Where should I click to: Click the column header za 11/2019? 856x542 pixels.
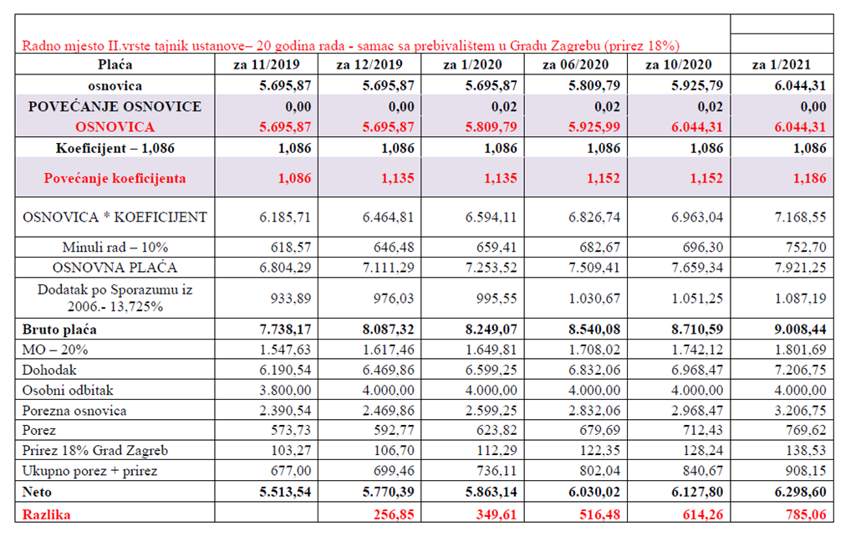[267, 64]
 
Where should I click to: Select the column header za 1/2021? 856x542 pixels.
[782, 64]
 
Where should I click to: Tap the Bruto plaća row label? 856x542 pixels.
[59, 330]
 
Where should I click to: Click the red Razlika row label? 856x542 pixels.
[47, 514]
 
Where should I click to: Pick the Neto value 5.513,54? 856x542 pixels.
[285, 492]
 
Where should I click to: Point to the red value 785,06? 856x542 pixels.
[806, 514]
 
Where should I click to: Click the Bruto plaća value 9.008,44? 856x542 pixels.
[800, 330]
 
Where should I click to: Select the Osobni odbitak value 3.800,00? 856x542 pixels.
[285, 390]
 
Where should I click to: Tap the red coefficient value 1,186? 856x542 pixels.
[810, 178]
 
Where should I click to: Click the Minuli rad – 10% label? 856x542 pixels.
[115, 247]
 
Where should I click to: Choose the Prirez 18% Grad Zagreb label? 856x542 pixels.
[95, 450]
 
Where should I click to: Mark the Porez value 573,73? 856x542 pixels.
[291, 430]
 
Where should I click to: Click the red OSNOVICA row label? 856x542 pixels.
[115, 127]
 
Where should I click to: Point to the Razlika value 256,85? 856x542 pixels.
[394, 514]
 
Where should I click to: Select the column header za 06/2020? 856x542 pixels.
[575, 64]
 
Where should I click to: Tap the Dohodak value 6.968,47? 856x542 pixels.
[697, 370]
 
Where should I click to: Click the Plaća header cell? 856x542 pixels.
[115, 64]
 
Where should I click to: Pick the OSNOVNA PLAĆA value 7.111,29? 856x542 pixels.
[388, 268]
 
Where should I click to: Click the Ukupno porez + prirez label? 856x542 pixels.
[89, 471]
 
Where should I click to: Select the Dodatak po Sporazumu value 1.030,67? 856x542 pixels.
[594, 299]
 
